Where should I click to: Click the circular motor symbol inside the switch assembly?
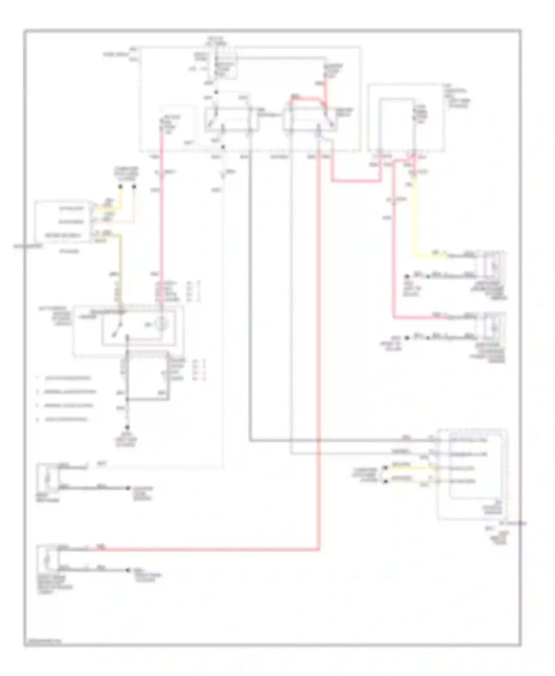pyautogui.click(x=161, y=324)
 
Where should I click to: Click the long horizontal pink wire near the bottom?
pyautogui.click(x=203, y=550)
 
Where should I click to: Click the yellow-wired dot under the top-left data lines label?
pyautogui.click(x=120, y=187)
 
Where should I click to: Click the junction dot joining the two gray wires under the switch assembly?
pyautogui.click(x=127, y=399)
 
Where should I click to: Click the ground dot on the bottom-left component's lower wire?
pyautogui.click(x=128, y=570)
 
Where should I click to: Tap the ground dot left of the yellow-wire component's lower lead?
pyautogui.click(x=407, y=276)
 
